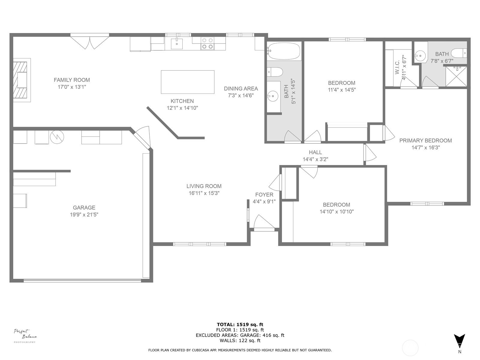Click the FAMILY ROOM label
click(x=72, y=80)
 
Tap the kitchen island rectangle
click(x=187, y=82)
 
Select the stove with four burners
click(x=207, y=43)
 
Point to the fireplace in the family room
click(x=22, y=80)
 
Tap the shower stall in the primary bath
click(x=456, y=76)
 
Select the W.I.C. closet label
click(x=397, y=67)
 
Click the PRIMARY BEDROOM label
click(x=425, y=140)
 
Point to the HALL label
click(x=315, y=152)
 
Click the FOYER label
click(x=264, y=194)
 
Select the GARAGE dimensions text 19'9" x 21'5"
click(x=84, y=214)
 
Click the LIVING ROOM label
click(x=204, y=186)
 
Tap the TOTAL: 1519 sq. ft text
click(x=240, y=325)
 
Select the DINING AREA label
click(x=241, y=88)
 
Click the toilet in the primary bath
click(x=459, y=53)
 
